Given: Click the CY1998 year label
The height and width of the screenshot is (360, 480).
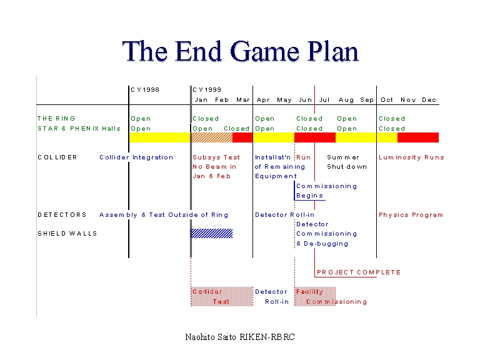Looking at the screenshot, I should (x=145, y=89).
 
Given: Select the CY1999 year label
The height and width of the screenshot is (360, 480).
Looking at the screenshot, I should (x=207, y=89).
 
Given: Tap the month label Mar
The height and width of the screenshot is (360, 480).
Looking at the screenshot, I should (x=243, y=100).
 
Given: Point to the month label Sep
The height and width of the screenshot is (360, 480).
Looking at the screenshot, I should (x=367, y=100).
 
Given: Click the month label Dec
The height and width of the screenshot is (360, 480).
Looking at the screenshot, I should (x=429, y=100).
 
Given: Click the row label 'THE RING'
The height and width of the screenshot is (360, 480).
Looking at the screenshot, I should (x=56, y=118).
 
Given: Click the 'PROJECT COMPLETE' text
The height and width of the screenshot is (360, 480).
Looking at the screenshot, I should (x=359, y=272).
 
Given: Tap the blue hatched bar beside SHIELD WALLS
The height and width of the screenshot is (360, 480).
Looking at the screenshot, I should (x=211, y=233).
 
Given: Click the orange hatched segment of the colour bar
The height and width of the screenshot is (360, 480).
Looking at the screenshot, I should (x=211, y=137).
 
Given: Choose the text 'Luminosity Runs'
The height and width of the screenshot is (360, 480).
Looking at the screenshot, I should (x=411, y=157).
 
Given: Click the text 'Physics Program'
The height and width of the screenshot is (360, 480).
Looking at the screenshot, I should (x=411, y=215).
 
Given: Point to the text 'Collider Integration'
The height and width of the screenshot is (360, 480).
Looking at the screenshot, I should (x=136, y=157).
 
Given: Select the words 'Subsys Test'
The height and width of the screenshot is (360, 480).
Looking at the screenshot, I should (x=216, y=157).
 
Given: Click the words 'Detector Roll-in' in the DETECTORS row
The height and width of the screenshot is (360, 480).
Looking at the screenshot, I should (x=284, y=215).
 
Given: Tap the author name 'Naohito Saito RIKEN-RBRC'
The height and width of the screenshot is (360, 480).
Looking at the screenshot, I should (x=240, y=337).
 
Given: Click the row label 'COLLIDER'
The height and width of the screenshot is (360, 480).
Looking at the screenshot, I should (x=57, y=157).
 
